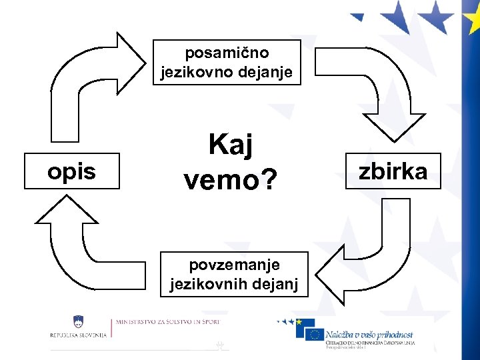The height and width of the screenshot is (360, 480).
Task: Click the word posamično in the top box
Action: (227, 52)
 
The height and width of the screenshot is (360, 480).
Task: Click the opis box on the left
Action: (71, 171)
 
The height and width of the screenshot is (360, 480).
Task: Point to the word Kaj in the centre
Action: (231, 144)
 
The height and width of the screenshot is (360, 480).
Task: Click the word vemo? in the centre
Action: (230, 178)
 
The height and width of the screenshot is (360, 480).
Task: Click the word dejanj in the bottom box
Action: (280, 284)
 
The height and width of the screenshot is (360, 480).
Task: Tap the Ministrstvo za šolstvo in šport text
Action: (167, 322)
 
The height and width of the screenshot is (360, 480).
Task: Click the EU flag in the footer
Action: (314, 333)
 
